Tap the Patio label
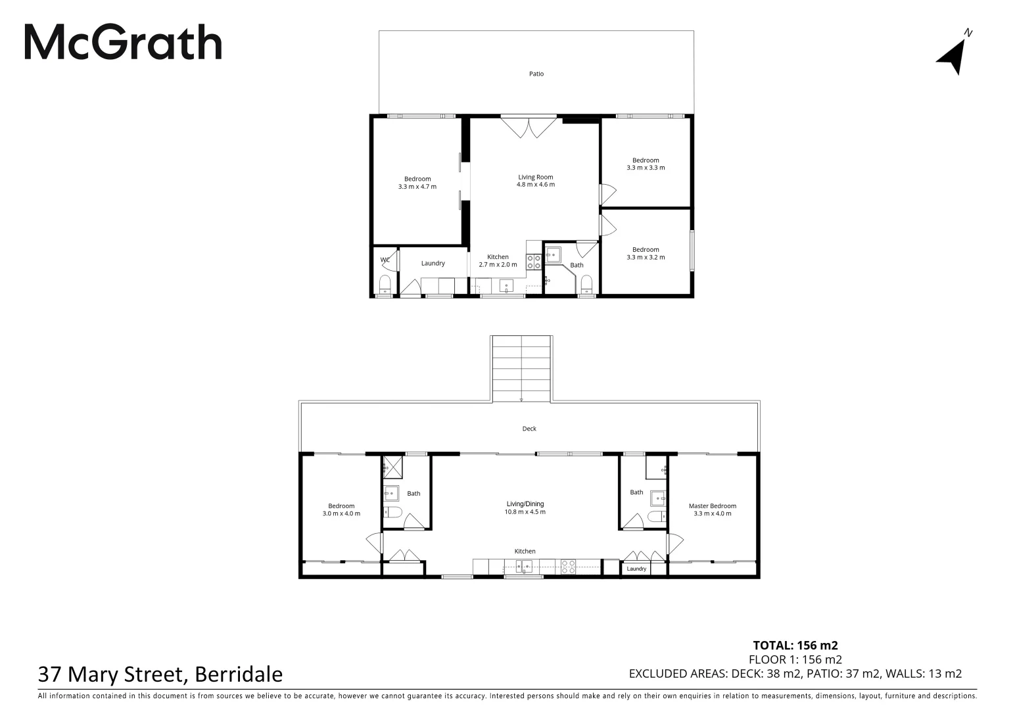pyautogui.click(x=536, y=74)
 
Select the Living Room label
pyautogui.click(x=535, y=177)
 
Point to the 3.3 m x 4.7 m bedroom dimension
pyautogui.click(x=417, y=187)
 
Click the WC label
pyautogui.click(x=385, y=260)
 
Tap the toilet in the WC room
pyautogui.click(x=385, y=285)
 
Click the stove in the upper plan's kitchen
pyautogui.click(x=534, y=263)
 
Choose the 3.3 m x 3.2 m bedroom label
pyautogui.click(x=646, y=257)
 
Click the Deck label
pyautogui.click(x=529, y=429)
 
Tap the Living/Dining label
pyautogui.click(x=525, y=504)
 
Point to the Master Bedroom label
pyautogui.click(x=712, y=506)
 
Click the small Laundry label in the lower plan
pyautogui.click(x=636, y=569)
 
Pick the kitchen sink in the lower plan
pyautogui.click(x=524, y=566)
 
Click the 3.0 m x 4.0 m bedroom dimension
pyautogui.click(x=341, y=513)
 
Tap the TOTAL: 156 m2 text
pyautogui.click(x=795, y=645)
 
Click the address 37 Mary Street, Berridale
pyautogui.click(x=160, y=674)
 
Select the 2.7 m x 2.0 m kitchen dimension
pyautogui.click(x=498, y=264)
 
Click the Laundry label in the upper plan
pyautogui.click(x=433, y=263)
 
